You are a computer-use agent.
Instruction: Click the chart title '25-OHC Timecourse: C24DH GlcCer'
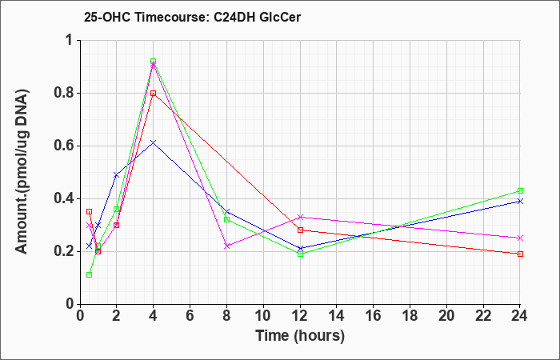click(192, 17)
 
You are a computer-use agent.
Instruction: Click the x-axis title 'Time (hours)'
click(300, 336)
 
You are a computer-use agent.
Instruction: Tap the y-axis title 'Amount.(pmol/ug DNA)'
click(22, 171)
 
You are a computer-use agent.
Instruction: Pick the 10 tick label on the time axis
click(263, 316)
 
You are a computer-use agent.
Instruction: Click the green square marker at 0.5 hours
click(90, 274)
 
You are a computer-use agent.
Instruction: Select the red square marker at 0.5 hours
click(90, 212)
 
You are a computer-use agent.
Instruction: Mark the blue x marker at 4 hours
click(154, 143)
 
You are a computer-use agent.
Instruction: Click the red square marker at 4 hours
click(154, 94)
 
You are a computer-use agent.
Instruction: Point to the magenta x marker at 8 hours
click(226, 246)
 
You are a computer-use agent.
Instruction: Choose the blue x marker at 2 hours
click(117, 175)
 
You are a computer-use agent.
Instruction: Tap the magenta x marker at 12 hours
click(300, 217)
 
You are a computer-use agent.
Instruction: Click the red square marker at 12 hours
click(300, 230)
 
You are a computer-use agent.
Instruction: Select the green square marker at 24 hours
click(520, 190)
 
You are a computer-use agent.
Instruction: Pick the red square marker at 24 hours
click(520, 254)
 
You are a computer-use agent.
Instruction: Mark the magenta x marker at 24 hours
click(520, 238)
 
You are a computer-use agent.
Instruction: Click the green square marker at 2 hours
click(117, 210)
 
